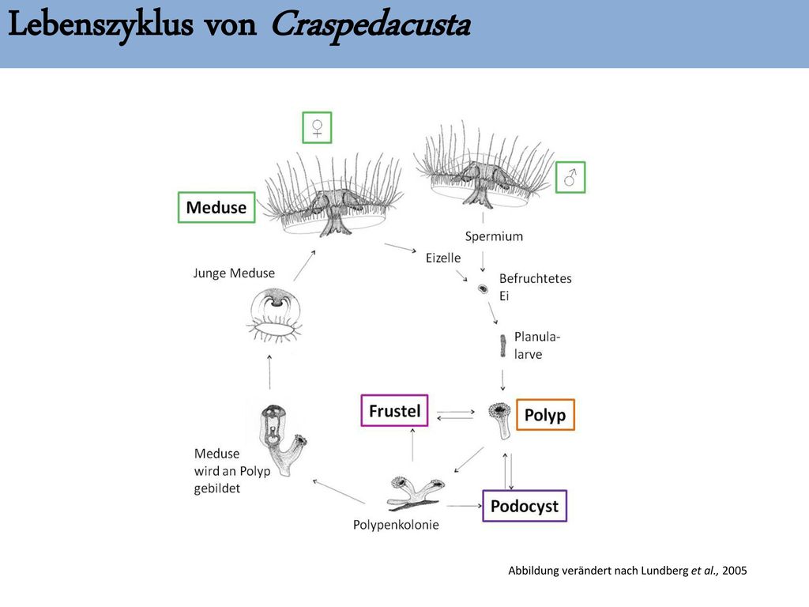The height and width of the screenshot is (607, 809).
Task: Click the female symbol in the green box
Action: pos(317,127)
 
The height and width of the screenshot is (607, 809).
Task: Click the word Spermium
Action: pos(494,236)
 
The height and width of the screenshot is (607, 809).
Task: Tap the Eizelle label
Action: pos(443,258)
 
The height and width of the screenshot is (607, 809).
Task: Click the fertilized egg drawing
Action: pos(483,288)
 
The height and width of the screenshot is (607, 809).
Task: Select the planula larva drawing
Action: pos(502,345)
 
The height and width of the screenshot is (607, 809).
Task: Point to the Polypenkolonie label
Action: pos(396,525)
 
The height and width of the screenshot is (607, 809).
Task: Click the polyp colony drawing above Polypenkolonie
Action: pos(414,493)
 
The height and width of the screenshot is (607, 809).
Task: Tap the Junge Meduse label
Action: pos(234,273)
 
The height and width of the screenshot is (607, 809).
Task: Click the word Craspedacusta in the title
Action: pos(371,25)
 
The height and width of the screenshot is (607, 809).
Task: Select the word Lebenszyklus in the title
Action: pos(100,25)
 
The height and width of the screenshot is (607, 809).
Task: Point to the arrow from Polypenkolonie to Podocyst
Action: pos(465,506)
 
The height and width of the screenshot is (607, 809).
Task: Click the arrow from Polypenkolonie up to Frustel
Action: pos(412,444)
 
